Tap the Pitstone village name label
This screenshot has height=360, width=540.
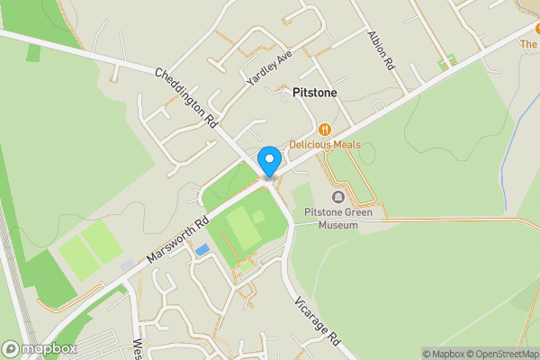[x=315, y=93]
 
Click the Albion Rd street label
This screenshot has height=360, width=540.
[x=380, y=50]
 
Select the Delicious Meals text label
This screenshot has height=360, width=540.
[x=325, y=145]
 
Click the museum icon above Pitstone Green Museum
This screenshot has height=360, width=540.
[x=338, y=197]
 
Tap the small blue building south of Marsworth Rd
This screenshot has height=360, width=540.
[x=202, y=249]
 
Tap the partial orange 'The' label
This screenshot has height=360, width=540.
[x=529, y=42]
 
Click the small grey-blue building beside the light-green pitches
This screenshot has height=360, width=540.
[x=127, y=266]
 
